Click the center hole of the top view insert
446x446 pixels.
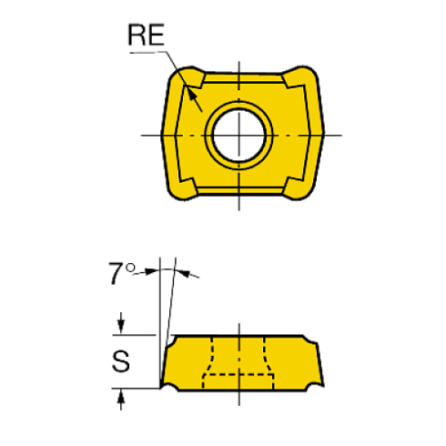point(238,135)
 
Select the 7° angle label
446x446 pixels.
point(120,269)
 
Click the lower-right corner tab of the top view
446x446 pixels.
point(298,188)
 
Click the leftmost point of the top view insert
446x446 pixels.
point(164,134)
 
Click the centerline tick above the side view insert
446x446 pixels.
point(238,328)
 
